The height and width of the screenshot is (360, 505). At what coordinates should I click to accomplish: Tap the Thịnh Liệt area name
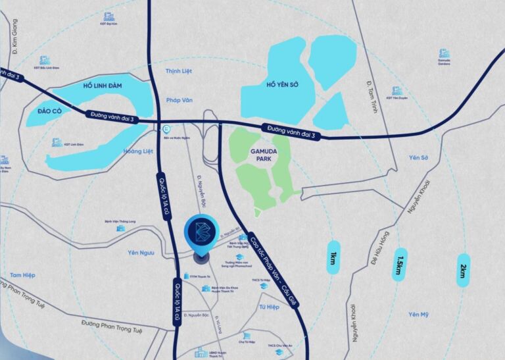177,70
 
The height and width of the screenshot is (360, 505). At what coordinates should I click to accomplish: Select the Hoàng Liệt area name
138,151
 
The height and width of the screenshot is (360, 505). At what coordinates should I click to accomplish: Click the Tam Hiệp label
22,274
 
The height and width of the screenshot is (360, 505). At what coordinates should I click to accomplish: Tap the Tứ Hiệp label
269,307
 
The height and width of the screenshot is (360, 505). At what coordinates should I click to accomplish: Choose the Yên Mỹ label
418,314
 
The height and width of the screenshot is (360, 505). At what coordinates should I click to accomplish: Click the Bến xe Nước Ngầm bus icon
167,130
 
